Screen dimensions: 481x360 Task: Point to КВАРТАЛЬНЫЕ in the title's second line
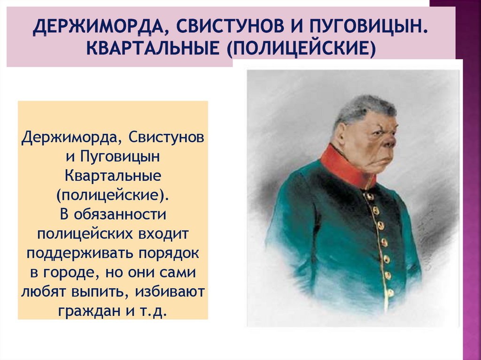[x=153, y=49]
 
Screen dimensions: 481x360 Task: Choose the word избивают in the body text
[x=170, y=291]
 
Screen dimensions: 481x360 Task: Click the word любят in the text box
[x=43, y=291]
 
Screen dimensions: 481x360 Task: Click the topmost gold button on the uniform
[x=368, y=196]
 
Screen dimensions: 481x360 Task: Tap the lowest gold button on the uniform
[x=390, y=293]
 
